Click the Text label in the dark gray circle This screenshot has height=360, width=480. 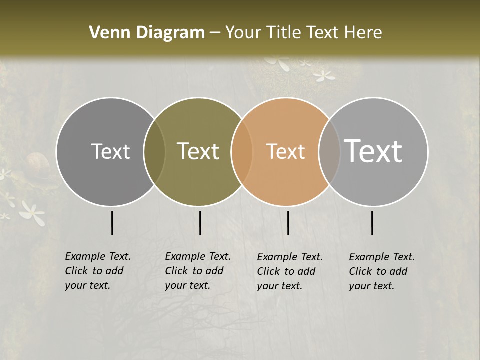pyautogui.click(x=111, y=151)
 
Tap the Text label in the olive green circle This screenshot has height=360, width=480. pyautogui.click(x=198, y=151)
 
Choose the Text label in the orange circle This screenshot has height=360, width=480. pyautogui.click(x=286, y=151)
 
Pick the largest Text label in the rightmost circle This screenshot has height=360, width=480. pyautogui.click(x=373, y=151)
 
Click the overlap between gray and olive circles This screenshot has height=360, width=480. pyautogui.click(x=154, y=151)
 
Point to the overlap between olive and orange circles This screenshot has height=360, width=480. pyautogui.click(x=242, y=151)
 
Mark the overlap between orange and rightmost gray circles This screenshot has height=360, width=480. pyautogui.click(x=329, y=151)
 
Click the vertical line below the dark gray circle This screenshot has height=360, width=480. pyautogui.click(x=112, y=223)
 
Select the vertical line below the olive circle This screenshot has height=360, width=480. pyautogui.click(x=200, y=223)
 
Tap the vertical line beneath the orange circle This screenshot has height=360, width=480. pyautogui.click(x=288, y=223)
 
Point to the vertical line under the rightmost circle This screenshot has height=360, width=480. pyautogui.click(x=372, y=223)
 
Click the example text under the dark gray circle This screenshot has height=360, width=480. pyautogui.click(x=98, y=271)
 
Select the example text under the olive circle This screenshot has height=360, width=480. pyautogui.click(x=198, y=271)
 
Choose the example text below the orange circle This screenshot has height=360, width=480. pyautogui.click(x=290, y=271)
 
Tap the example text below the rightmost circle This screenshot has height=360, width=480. pyautogui.click(x=382, y=271)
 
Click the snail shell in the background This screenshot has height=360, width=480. pyautogui.click(x=38, y=163)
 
